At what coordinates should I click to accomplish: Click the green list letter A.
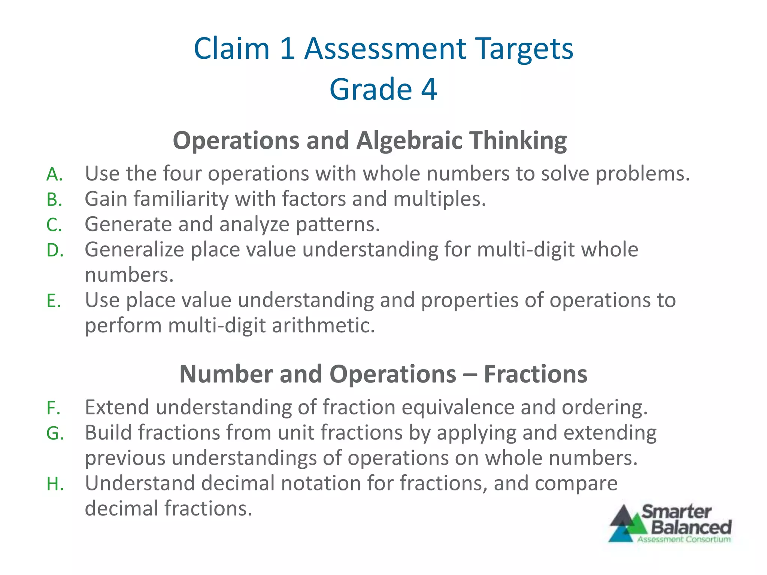coord(55,174)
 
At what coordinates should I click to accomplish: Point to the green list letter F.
coord(54,408)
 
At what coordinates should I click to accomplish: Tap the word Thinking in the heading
coord(518,141)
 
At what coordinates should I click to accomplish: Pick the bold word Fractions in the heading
coord(536,374)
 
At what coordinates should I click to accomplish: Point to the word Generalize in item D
coord(134,250)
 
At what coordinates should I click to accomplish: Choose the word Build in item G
coord(108,433)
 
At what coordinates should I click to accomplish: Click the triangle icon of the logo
coord(627,524)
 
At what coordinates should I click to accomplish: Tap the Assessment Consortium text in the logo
coord(684,539)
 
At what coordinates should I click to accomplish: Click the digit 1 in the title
coord(287,49)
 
